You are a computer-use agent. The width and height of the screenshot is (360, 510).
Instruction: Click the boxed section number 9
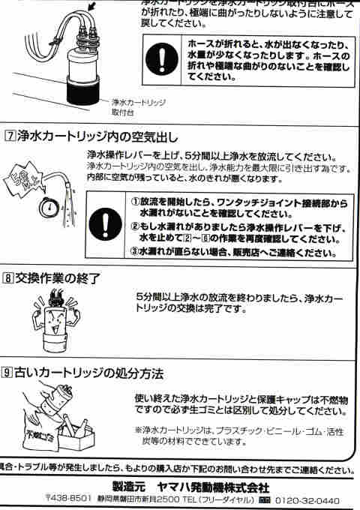[x=9, y=373]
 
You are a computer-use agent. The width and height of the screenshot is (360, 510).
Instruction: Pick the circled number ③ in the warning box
[x=136, y=252]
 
